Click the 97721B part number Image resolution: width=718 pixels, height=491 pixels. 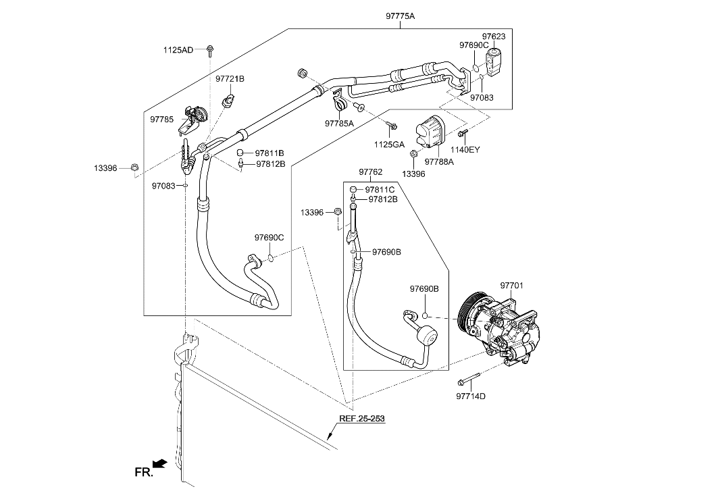coord(230,79)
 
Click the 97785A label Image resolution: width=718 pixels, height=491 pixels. coord(339,124)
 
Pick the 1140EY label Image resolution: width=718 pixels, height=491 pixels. coord(465,150)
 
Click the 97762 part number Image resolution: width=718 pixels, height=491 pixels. coord(371,172)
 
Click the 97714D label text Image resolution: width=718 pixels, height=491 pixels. coord(471,396)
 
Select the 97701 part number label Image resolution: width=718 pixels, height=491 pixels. coord(511,286)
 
